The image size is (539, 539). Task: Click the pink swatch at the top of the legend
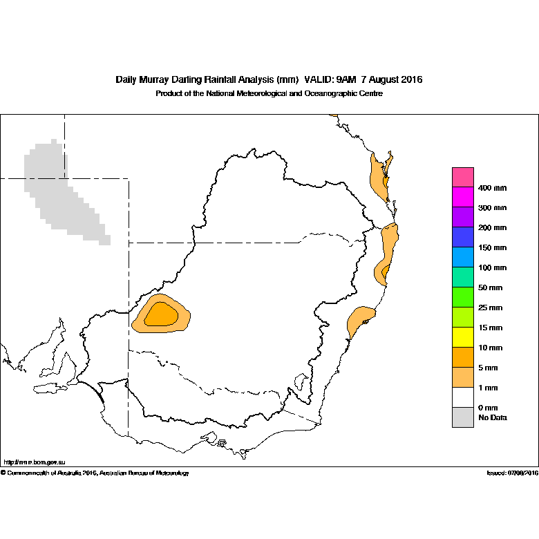pyautogui.click(x=463, y=177)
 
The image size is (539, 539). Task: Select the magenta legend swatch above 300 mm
pyautogui.click(x=463, y=197)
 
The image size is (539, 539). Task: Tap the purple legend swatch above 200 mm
pyautogui.click(x=463, y=217)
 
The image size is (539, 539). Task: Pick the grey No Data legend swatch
pyautogui.click(x=463, y=417)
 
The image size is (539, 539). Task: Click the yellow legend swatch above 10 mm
pyautogui.click(x=463, y=337)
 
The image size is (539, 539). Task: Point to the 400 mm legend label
pyautogui.click(x=492, y=188)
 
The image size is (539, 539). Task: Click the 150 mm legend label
pyautogui.click(x=492, y=248)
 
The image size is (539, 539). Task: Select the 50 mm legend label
pyautogui.click(x=490, y=287)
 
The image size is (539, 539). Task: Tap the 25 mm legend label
pyautogui.click(x=490, y=308)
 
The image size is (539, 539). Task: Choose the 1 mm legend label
pyautogui.click(x=488, y=388)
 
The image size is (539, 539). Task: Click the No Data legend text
pyautogui.click(x=493, y=417)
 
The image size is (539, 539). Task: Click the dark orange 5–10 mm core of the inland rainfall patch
pyautogui.click(x=161, y=314)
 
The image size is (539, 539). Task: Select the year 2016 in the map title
pyautogui.click(x=411, y=79)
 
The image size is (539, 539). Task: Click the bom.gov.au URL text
pyautogui.click(x=35, y=462)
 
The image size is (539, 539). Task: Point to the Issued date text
pyautogui.click(x=513, y=473)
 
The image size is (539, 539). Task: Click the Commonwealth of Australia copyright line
pyautogui.click(x=95, y=473)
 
